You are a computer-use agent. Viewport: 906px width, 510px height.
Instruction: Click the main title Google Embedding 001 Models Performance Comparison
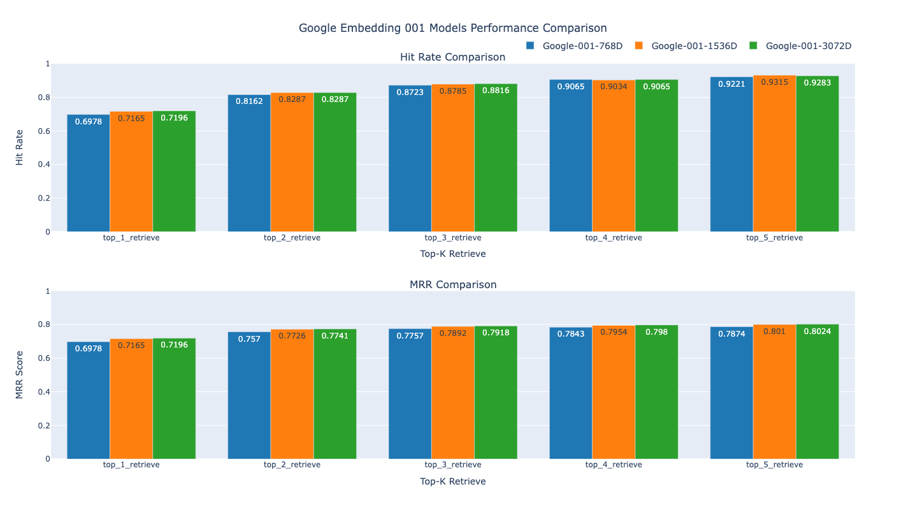click(452, 28)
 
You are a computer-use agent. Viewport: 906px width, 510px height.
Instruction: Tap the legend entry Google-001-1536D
click(694, 46)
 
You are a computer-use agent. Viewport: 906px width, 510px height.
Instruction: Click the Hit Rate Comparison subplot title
click(452, 57)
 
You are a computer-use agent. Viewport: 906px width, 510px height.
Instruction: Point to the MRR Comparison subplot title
click(452, 285)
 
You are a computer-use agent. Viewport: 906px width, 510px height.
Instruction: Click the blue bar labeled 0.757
click(249, 395)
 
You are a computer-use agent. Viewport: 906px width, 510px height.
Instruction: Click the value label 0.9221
click(731, 84)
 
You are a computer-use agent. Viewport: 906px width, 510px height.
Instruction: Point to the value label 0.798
click(656, 332)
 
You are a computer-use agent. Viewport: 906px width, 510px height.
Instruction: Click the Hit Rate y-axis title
click(20, 147)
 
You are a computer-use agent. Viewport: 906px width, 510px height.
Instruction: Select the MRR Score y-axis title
click(20, 375)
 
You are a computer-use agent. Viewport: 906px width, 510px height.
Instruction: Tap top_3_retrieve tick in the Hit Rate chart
click(452, 238)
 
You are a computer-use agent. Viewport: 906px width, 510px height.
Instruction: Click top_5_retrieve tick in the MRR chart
click(774, 465)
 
